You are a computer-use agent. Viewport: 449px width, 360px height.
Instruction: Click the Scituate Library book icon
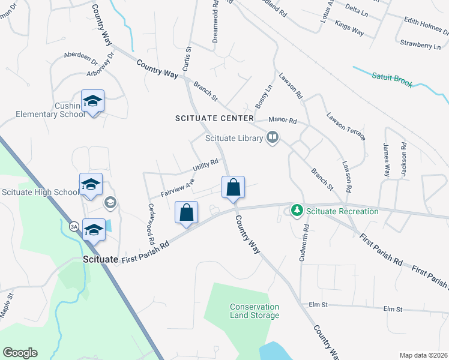coord(273,138)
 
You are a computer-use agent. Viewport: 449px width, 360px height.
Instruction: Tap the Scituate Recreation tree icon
coord(296,211)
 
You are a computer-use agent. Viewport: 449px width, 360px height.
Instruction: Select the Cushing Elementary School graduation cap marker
coord(93,101)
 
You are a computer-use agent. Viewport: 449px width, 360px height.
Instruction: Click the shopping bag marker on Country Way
coord(233,187)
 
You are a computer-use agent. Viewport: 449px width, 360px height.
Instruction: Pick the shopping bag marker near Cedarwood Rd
coord(187,212)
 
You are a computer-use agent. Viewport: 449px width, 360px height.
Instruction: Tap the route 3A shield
coord(74,226)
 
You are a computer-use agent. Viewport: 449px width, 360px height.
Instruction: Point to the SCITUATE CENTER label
coord(214,118)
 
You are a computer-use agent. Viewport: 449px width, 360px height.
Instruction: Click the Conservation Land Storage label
coord(255,311)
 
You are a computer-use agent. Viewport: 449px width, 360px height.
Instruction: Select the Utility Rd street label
coord(205,164)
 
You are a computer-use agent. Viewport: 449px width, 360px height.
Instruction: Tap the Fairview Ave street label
coord(178,186)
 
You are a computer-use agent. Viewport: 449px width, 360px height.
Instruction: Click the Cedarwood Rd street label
coord(151,223)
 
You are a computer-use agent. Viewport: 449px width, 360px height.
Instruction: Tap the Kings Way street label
coord(349,28)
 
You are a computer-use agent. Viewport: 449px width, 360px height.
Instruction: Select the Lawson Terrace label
coord(346,126)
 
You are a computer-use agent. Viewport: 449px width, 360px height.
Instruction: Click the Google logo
coord(20,353)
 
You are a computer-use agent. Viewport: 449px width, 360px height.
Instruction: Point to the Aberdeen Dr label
coord(80,58)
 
